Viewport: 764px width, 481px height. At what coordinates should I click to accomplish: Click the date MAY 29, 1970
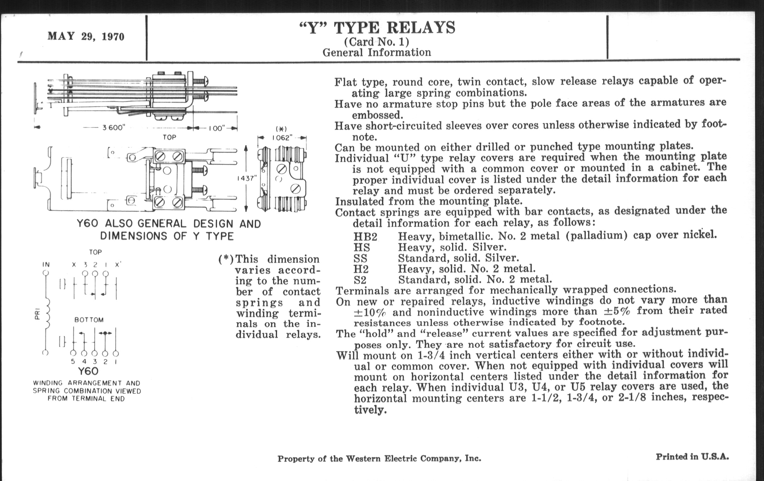[x=86, y=36]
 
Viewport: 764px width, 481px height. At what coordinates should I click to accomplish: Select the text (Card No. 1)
[x=377, y=41]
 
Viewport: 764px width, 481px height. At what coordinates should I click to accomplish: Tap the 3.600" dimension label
[x=114, y=128]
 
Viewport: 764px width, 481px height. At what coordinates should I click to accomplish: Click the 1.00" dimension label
[x=217, y=128]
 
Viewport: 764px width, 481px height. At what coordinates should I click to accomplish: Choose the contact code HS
[x=362, y=248]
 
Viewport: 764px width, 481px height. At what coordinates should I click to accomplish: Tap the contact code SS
[x=361, y=258]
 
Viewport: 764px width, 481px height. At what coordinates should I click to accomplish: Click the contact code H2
[x=361, y=269]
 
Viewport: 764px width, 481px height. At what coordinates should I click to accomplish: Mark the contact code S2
[x=360, y=280]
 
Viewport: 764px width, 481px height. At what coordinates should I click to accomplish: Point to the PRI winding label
[x=37, y=315]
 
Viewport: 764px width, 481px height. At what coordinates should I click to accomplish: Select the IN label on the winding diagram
[x=46, y=264]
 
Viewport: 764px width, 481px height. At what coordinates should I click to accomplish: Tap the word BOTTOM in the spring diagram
[x=89, y=320]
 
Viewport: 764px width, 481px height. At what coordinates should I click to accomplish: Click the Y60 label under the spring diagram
[x=88, y=371]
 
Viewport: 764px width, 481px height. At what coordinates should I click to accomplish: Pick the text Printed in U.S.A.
[x=692, y=457]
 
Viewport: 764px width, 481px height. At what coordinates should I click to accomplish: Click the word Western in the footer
[x=364, y=459]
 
